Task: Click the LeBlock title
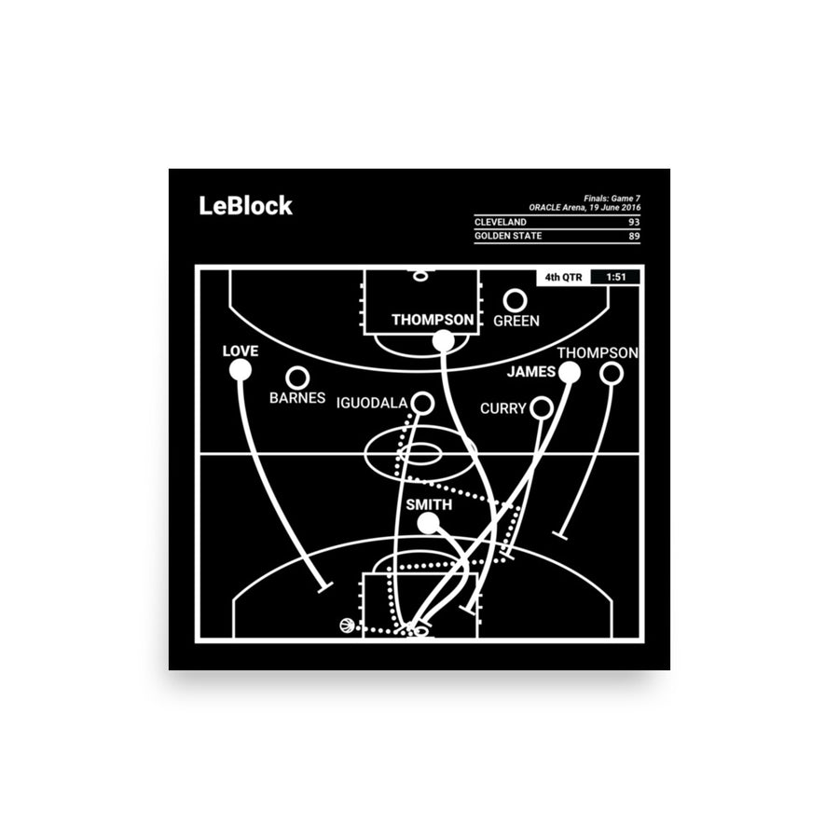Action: (x=245, y=206)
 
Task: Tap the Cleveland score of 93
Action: (x=633, y=223)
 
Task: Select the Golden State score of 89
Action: (x=633, y=236)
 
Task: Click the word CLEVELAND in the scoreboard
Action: (x=500, y=223)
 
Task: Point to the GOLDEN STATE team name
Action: (x=508, y=236)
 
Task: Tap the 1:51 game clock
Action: (x=614, y=277)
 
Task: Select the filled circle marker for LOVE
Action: (x=240, y=370)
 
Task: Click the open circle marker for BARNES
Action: (x=297, y=378)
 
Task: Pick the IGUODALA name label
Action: (x=371, y=404)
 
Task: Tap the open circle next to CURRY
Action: (x=541, y=408)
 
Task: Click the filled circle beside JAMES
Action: (x=570, y=373)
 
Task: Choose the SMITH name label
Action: (x=429, y=505)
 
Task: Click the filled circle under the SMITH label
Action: (x=427, y=524)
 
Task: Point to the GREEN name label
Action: (x=516, y=321)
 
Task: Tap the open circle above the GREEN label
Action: (x=515, y=300)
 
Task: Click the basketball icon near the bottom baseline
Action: (x=347, y=626)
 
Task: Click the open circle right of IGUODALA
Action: (x=422, y=403)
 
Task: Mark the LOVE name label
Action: (x=240, y=351)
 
